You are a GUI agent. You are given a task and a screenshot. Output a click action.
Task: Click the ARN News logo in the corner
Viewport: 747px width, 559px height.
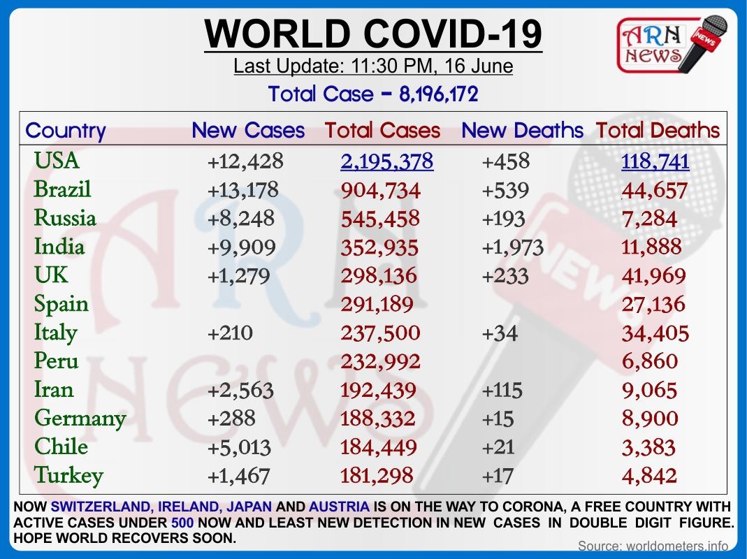point(672,44)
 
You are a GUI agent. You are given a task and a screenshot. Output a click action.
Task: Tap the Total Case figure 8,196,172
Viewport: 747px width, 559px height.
point(439,94)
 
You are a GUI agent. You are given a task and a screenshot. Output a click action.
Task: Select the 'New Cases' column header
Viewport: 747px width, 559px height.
point(248,130)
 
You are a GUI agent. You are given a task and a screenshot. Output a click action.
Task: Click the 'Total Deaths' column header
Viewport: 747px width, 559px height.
point(658,130)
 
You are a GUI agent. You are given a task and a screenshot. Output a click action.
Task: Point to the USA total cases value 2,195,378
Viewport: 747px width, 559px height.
point(387,161)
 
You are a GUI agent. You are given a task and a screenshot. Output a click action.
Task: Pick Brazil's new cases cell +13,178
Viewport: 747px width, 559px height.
point(243,189)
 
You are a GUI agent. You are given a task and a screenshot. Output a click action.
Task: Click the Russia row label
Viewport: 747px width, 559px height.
point(65,218)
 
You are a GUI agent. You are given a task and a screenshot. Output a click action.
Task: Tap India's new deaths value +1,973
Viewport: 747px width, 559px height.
point(513,247)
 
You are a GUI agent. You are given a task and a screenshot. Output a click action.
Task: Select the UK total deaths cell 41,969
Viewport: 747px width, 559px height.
point(653,276)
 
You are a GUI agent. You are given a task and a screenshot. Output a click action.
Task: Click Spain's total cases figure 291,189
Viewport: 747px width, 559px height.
point(377,304)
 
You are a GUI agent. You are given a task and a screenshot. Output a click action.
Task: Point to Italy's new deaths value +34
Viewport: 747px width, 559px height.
point(500,333)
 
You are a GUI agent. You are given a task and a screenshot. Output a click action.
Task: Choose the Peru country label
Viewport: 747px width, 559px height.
point(56,361)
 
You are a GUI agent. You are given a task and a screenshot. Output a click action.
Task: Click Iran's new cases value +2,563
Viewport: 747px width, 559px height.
point(240,391)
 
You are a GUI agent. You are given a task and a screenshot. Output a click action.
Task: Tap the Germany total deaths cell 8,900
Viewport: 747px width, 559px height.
point(650,419)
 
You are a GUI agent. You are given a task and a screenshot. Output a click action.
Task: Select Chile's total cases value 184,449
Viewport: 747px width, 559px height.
point(379,447)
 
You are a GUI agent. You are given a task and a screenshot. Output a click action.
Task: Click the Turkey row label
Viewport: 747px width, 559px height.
point(68,476)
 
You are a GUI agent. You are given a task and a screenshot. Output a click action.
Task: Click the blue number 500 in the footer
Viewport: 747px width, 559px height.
point(182,522)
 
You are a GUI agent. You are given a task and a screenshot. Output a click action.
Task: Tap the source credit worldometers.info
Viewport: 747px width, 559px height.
point(653,546)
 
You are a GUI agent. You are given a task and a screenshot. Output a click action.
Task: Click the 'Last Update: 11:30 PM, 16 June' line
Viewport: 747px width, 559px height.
point(373,66)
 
